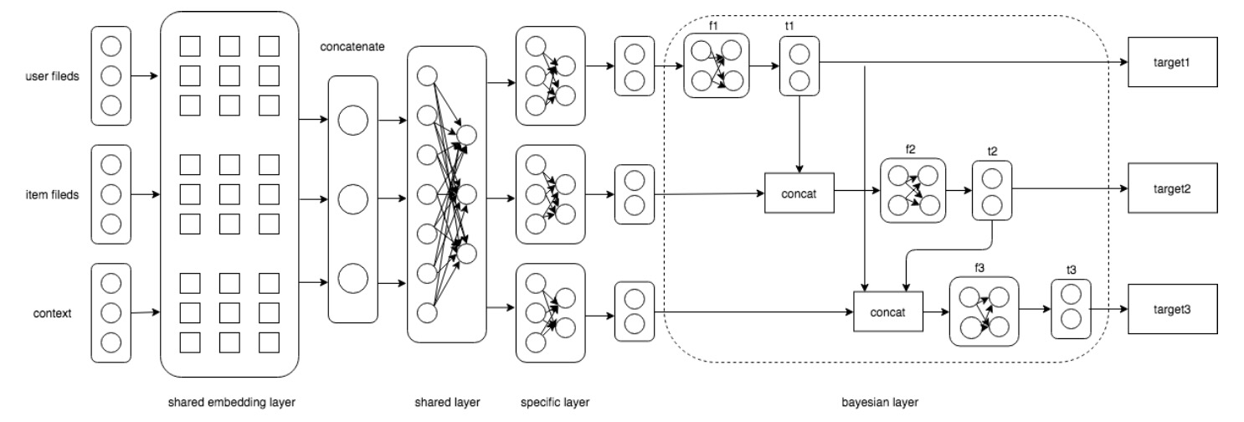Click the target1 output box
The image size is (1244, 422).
[1172, 62]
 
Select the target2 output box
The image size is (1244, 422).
[1172, 188]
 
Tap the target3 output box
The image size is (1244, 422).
[1172, 309]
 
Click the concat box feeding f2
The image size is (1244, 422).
[799, 193]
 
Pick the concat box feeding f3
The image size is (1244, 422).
[888, 312]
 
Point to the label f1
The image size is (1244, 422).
[713, 26]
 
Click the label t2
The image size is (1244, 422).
[992, 151]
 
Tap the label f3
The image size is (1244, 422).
[979, 268]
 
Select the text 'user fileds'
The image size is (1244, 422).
[52, 76]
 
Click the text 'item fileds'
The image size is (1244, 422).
[52, 194]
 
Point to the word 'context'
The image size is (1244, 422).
[52, 313]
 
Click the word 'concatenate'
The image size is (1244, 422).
[352, 47]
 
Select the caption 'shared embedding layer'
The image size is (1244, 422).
[232, 402]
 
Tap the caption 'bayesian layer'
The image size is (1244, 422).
[880, 402]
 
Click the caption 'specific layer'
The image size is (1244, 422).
[555, 402]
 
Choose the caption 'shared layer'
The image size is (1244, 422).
[447, 402]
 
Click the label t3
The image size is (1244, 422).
[1072, 270]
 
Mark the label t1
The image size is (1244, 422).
[789, 26]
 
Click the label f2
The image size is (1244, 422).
[910, 149]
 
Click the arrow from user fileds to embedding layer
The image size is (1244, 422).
[145, 75]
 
